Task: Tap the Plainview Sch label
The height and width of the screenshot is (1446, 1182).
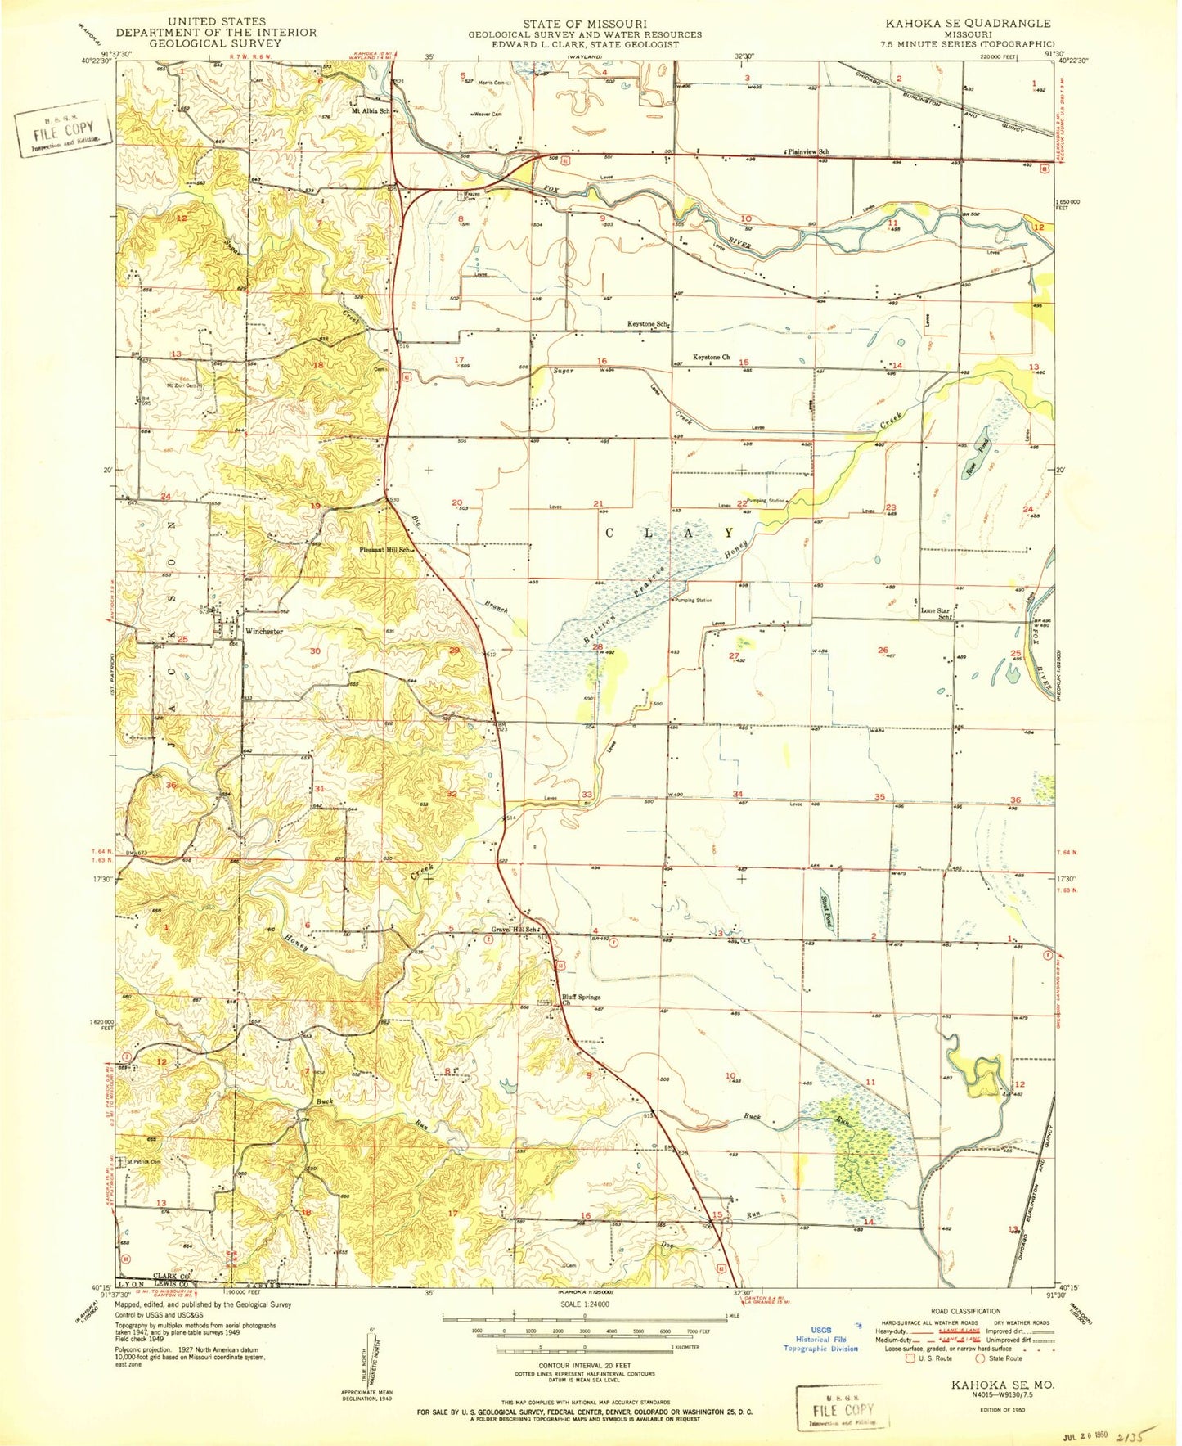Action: coord(807,152)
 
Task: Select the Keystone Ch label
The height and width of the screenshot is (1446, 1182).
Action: coord(711,358)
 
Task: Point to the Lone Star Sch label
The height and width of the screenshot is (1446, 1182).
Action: coord(937,614)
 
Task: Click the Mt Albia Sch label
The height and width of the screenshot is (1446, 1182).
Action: coord(370,110)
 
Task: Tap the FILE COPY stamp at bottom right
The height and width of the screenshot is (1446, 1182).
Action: coord(843,1409)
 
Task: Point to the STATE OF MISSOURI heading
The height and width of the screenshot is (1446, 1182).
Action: coord(585,24)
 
